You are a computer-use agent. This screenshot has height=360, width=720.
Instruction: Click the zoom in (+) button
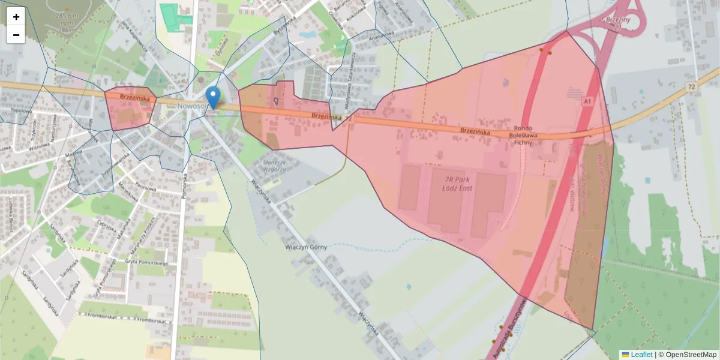coord(16,16)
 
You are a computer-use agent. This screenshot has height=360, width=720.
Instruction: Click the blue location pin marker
coord(212,97)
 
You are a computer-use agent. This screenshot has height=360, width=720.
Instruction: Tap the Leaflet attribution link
coord(641,355)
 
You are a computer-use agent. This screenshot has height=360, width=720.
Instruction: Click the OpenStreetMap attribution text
coord(687,355)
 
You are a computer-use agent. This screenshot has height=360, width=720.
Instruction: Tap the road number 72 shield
coord(692,88)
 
